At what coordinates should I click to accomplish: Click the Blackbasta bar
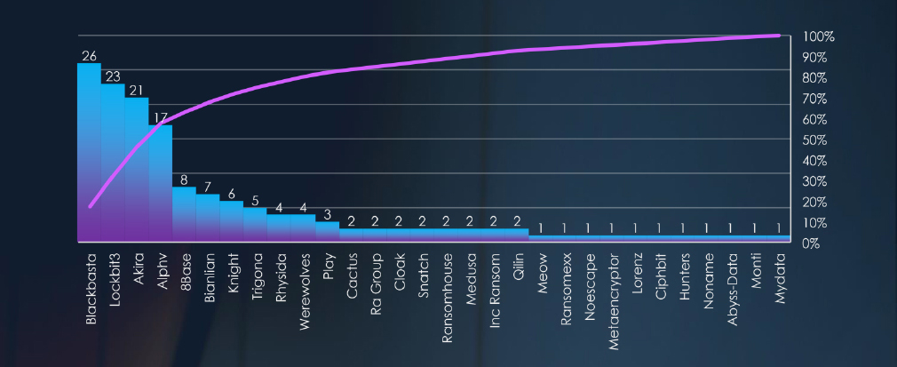89,151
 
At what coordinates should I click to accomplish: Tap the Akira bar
137,169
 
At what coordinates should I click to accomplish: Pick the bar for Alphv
161,182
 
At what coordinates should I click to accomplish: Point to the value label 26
89,55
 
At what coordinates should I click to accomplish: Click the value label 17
161,117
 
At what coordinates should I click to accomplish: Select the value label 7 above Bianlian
208,187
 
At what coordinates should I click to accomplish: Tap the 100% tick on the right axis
817,36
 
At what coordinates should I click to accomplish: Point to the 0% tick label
812,243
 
